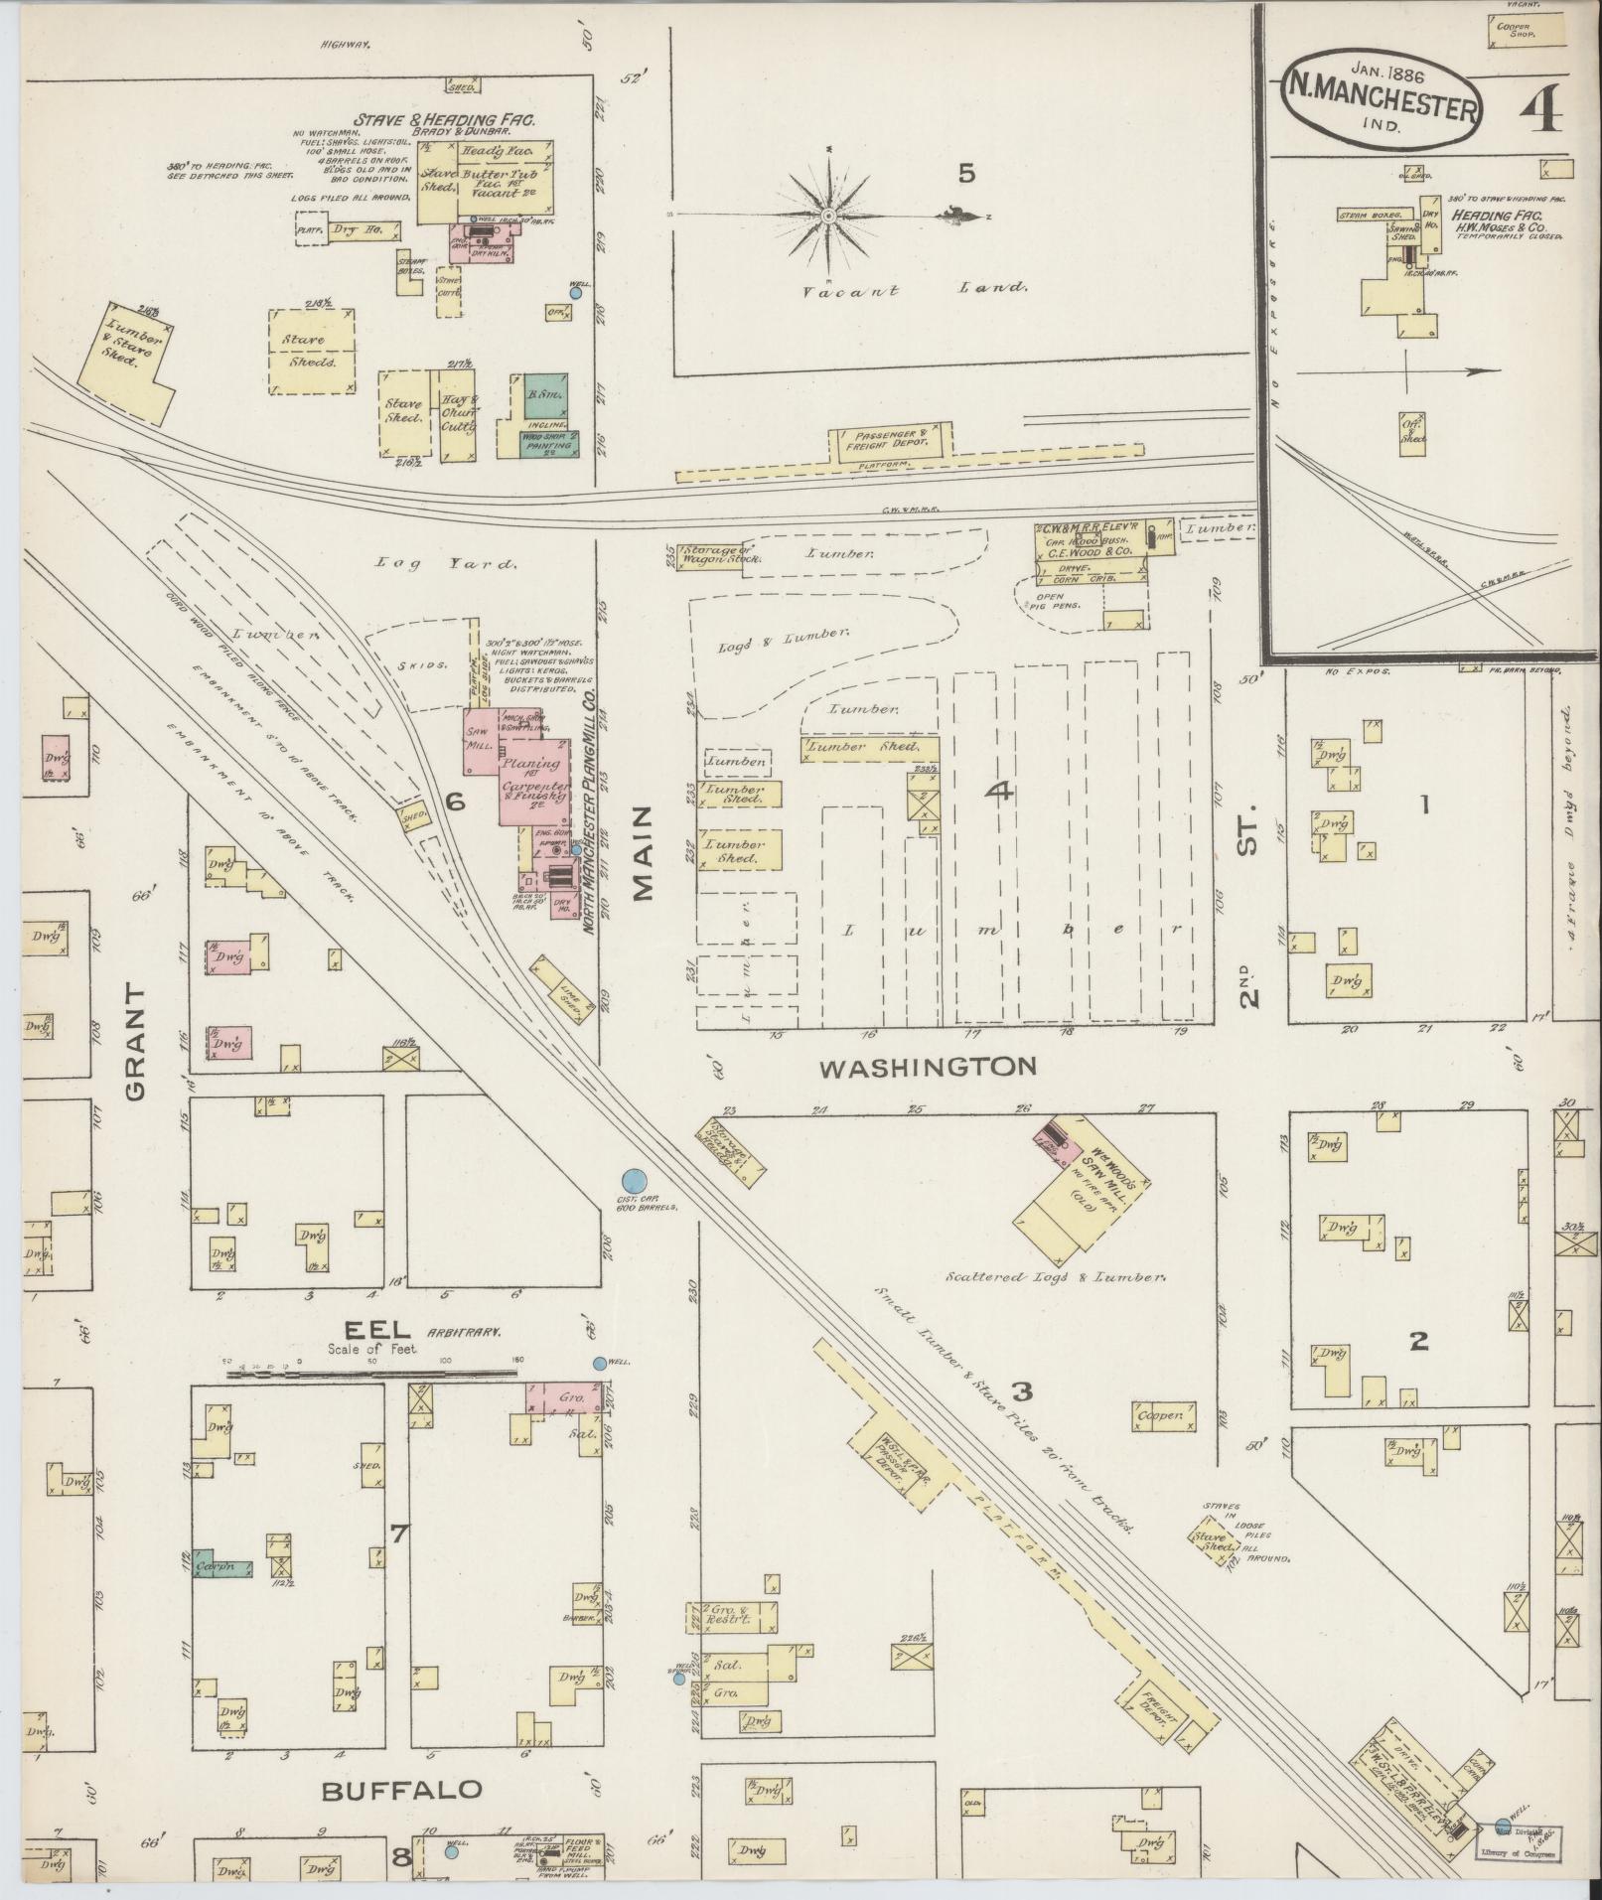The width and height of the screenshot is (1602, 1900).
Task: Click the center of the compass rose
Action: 828,216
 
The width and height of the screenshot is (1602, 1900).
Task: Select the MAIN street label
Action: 643,853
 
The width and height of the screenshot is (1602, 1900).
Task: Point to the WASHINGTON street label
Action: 929,1067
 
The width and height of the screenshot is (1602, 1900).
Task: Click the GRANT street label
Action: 135,1042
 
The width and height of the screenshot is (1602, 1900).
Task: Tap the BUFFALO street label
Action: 402,1791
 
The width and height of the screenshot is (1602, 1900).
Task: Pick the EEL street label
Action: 364,1330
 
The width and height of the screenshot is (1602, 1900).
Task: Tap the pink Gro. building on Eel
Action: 565,1397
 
